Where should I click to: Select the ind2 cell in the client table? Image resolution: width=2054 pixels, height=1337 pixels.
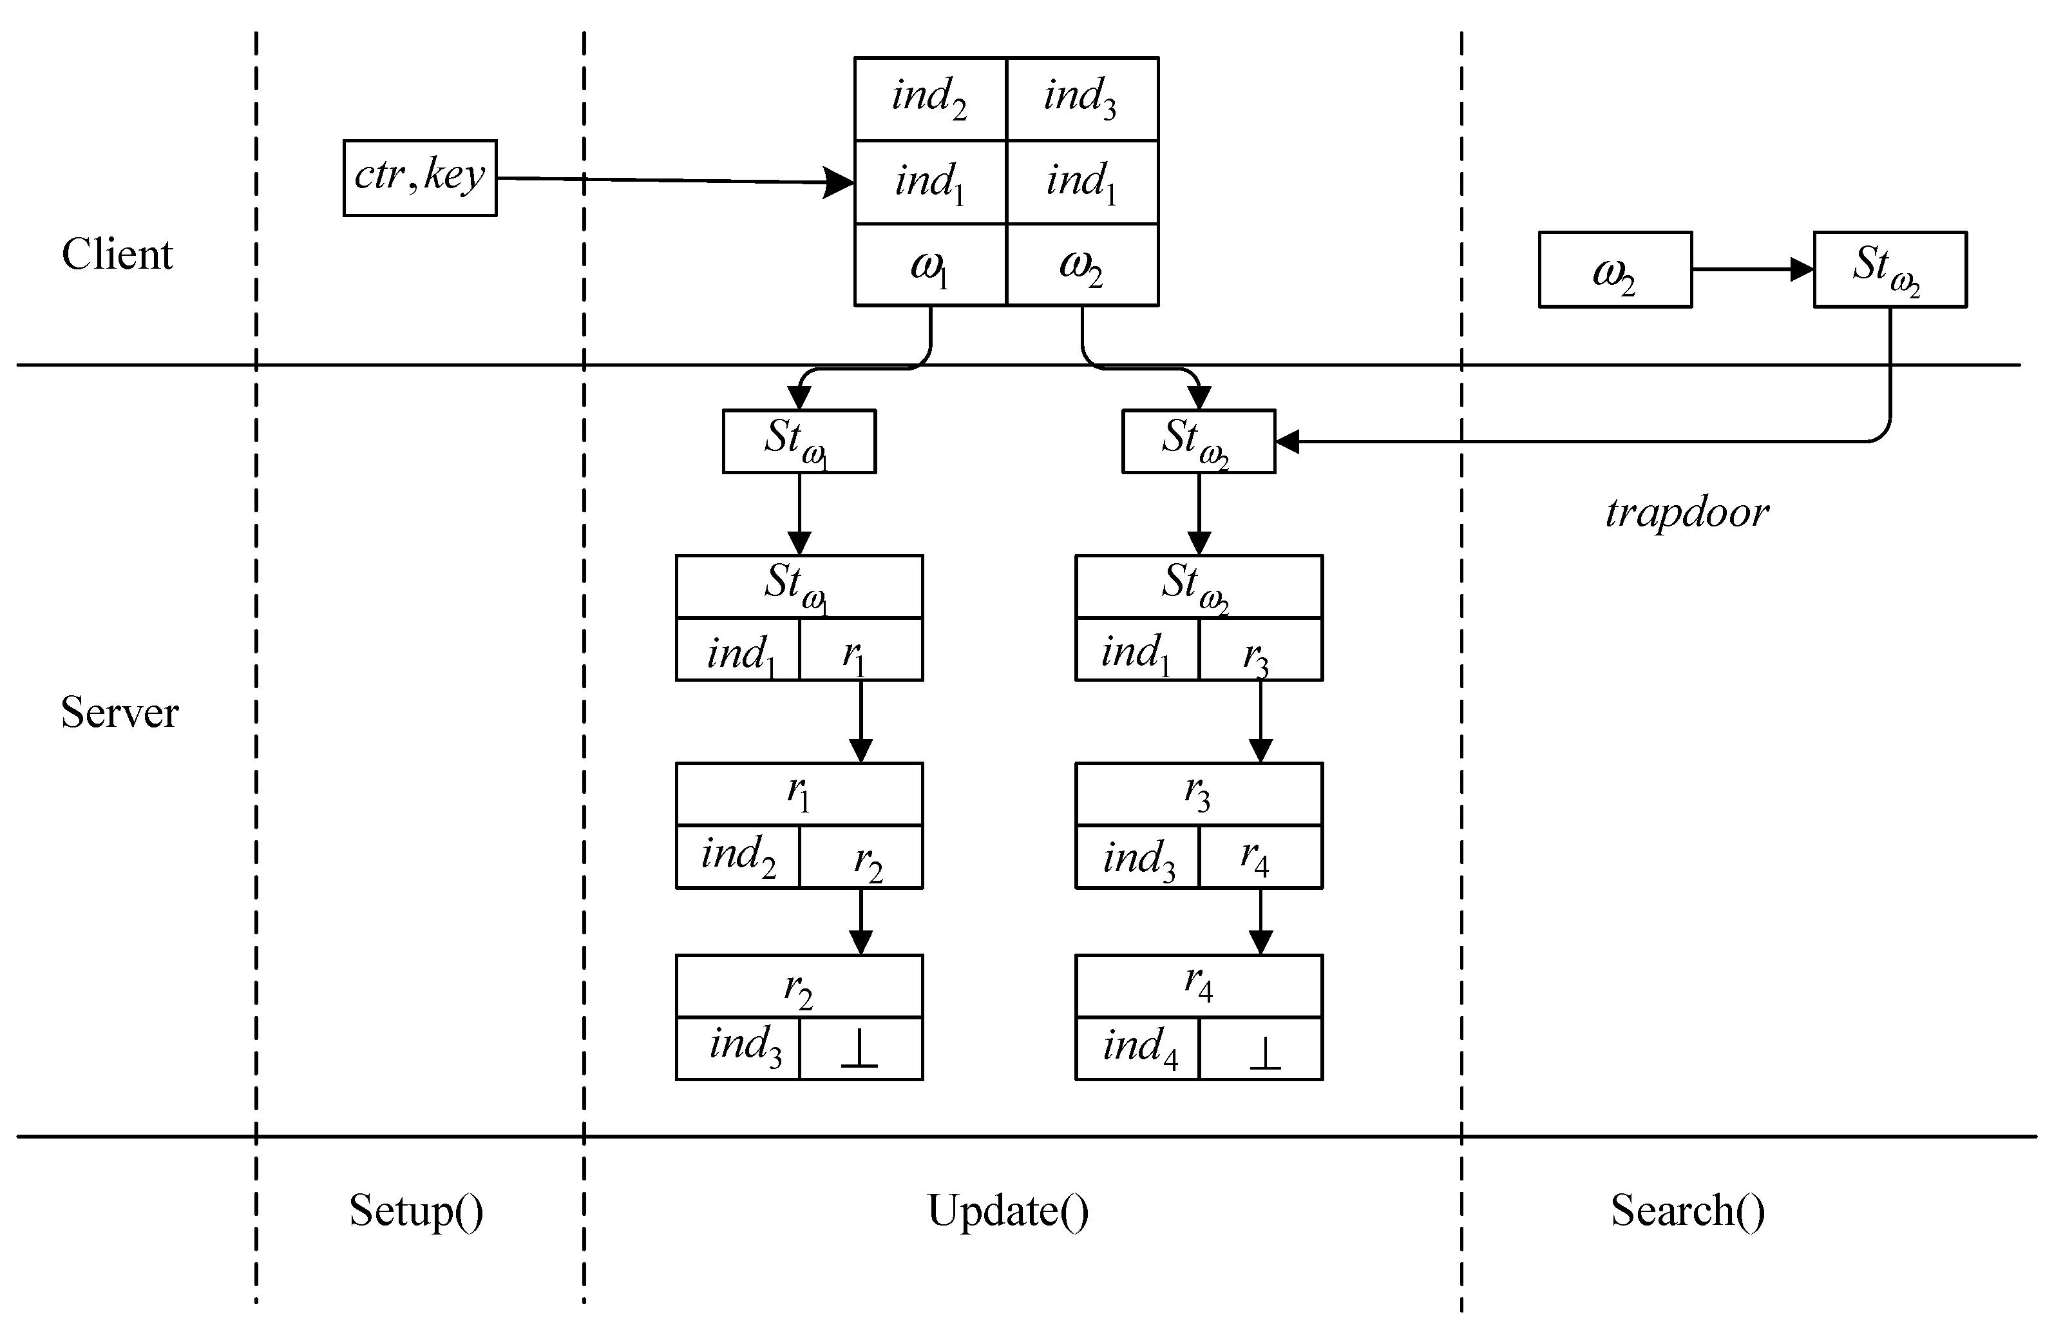[929, 99]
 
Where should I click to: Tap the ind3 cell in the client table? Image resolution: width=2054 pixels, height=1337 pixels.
[1081, 99]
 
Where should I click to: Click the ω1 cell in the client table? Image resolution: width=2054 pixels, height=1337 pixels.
[929, 265]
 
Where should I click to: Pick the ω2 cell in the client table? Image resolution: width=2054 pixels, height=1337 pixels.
[1081, 265]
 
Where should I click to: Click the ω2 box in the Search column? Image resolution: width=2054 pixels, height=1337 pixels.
[1614, 269]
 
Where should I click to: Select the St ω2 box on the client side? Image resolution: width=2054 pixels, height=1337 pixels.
[1889, 269]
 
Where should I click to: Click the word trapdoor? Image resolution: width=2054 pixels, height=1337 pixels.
[1688, 513]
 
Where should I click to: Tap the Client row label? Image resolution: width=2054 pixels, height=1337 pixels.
[117, 255]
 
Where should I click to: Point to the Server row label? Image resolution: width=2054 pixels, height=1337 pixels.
[119, 713]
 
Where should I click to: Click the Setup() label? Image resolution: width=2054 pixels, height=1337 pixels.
[416, 1210]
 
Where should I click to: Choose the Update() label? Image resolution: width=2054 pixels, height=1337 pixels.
[1007, 1210]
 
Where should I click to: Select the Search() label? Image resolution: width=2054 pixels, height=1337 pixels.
[1688, 1210]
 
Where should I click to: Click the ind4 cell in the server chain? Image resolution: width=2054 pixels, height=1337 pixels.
[1137, 1048]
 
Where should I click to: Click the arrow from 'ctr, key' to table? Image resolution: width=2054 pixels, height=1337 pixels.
[673, 180]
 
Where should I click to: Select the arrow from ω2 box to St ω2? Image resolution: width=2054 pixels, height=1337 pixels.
[1752, 269]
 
